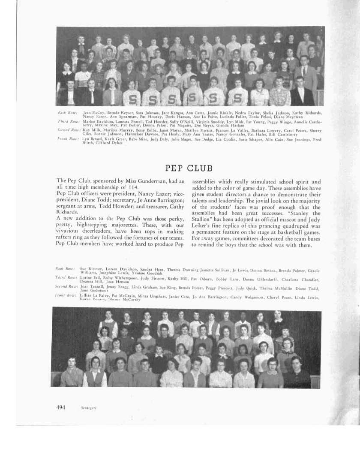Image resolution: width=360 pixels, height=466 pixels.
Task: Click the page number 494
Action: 60,407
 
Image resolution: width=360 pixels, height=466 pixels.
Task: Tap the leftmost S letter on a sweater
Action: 132,99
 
